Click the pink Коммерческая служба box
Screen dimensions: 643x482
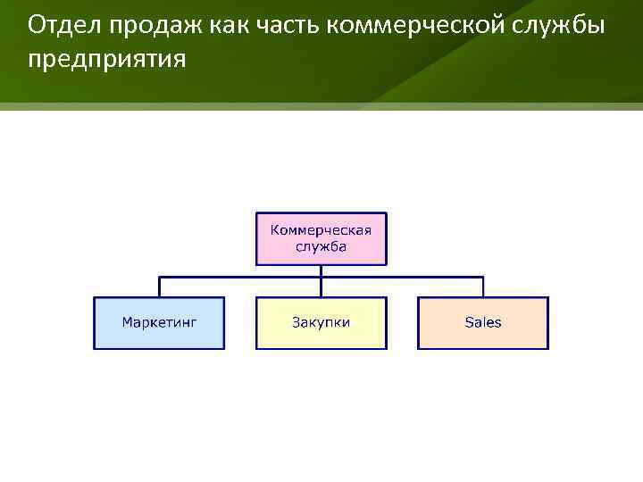(321, 238)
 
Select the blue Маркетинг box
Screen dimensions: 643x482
(160, 322)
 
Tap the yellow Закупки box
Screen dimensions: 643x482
(321, 322)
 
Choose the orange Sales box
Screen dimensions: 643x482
(483, 322)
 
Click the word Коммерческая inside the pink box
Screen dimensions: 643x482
(321, 229)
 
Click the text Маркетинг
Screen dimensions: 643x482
(160, 322)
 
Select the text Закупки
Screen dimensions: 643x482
(321, 322)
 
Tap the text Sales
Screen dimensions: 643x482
(483, 322)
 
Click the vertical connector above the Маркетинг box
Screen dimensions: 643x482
(160, 287)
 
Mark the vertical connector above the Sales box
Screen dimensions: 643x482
(483, 287)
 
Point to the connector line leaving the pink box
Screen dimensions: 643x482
(321, 270)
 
